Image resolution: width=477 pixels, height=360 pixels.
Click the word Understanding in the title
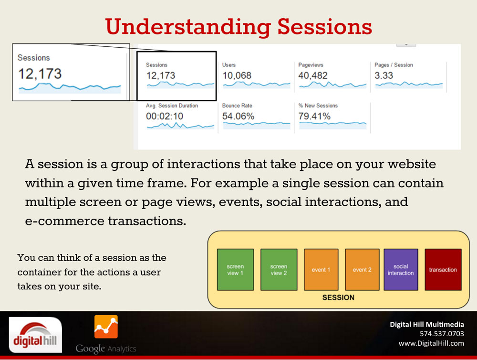[188, 27]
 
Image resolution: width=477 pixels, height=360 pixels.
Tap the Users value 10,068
[237, 75]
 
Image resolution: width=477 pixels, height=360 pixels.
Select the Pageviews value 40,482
[313, 75]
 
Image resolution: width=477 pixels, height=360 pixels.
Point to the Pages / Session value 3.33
[384, 75]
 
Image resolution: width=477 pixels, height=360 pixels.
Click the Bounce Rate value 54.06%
[238, 116]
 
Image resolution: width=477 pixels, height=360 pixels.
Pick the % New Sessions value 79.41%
[314, 116]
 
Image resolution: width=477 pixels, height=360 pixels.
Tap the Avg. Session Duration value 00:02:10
[165, 116]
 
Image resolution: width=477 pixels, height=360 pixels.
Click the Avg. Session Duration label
[172, 106]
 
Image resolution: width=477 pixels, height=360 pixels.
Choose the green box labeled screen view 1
[236, 270]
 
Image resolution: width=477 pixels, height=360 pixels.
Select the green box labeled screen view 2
[279, 270]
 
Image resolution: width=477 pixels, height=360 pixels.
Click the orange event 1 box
[321, 270]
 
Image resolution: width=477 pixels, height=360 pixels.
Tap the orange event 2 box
[362, 270]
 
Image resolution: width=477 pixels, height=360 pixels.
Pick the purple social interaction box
[401, 270]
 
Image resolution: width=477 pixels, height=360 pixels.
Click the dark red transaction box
[443, 270]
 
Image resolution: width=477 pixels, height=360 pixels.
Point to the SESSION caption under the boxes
[338, 297]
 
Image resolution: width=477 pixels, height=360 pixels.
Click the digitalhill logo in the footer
[35, 335]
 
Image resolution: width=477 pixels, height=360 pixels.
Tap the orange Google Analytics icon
[106, 327]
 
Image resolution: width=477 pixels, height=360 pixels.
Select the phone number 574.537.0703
[442, 334]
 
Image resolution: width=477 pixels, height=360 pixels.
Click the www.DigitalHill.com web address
[431, 344]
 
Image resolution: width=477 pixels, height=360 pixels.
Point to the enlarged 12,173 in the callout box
[40, 74]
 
